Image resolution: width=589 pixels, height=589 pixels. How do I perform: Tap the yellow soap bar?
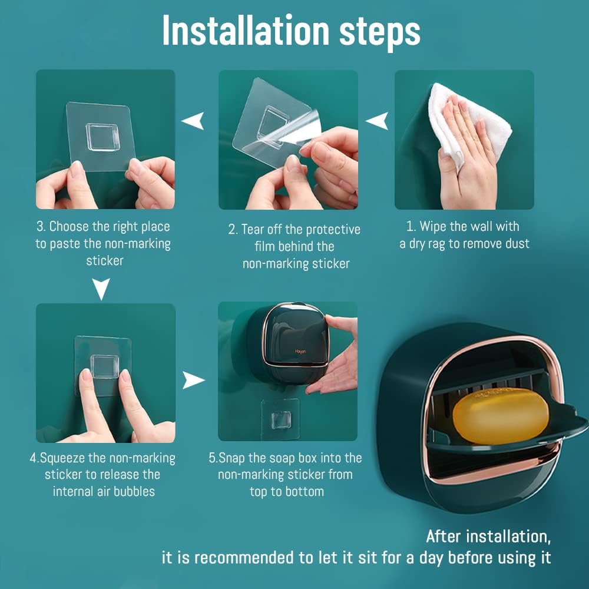point(500,416)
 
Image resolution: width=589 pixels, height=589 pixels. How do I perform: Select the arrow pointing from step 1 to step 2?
point(377,121)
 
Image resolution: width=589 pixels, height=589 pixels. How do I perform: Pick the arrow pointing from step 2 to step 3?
point(193,121)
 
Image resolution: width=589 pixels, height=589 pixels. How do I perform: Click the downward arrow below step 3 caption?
point(102,289)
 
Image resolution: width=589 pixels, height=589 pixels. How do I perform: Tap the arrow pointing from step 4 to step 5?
point(193,380)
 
